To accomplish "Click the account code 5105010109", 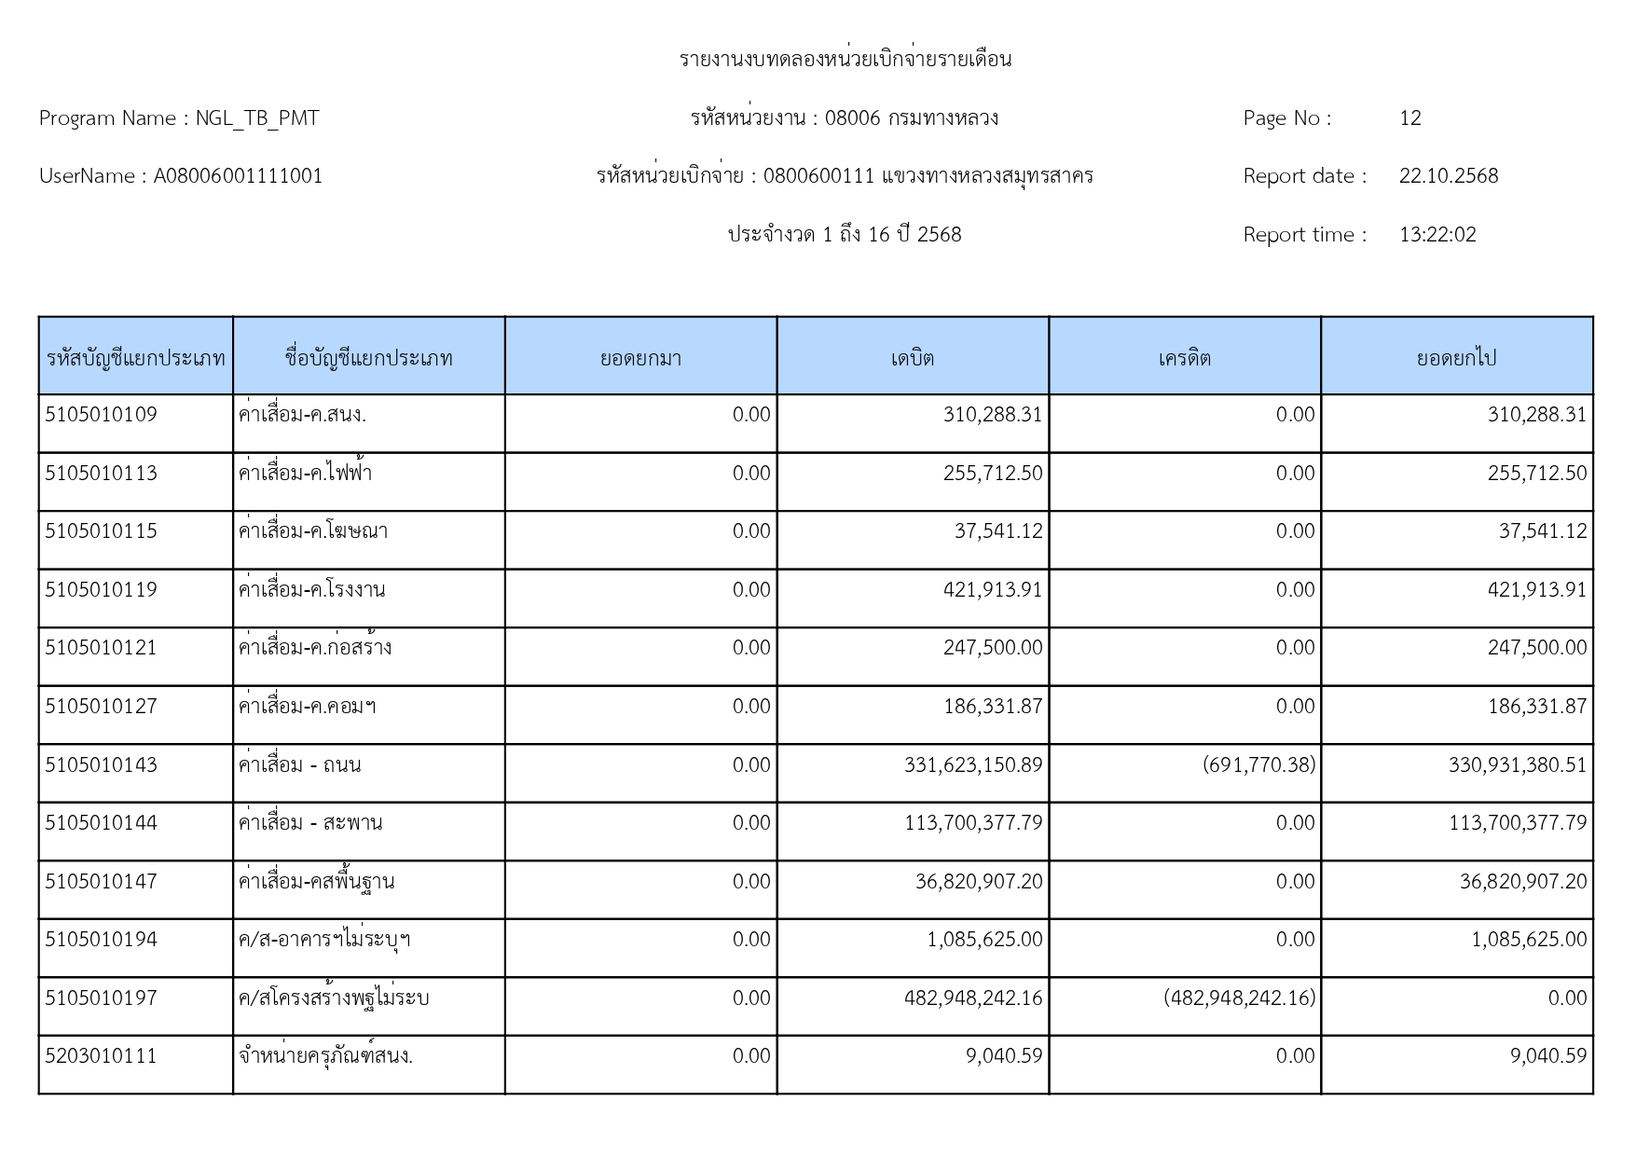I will pyautogui.click(x=101, y=415).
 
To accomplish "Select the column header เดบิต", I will pyautogui.click(x=912, y=358).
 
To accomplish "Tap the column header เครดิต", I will pyautogui.click(x=1184, y=358).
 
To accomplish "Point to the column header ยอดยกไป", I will pyautogui.click(x=1456, y=358).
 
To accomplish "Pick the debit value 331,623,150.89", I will pyautogui.click(x=972, y=765).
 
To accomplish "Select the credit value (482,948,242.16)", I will pyautogui.click(x=1239, y=998).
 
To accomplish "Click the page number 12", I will pyautogui.click(x=1409, y=118).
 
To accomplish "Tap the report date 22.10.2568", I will pyautogui.click(x=1448, y=176).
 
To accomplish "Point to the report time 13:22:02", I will pyautogui.click(x=1437, y=235).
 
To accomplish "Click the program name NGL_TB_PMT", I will pyautogui.click(x=256, y=118).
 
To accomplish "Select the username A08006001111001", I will pyautogui.click(x=238, y=176).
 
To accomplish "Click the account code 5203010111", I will pyautogui.click(x=101, y=1056).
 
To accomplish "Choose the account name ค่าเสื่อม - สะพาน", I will pyautogui.click(x=310, y=823).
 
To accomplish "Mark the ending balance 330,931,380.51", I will pyautogui.click(x=1517, y=765).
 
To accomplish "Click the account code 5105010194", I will pyautogui.click(x=101, y=940).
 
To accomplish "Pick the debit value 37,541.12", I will pyautogui.click(x=997, y=531).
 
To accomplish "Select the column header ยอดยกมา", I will pyautogui.click(x=640, y=358).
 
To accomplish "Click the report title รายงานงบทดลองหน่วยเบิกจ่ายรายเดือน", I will pyautogui.click(x=845, y=60).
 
